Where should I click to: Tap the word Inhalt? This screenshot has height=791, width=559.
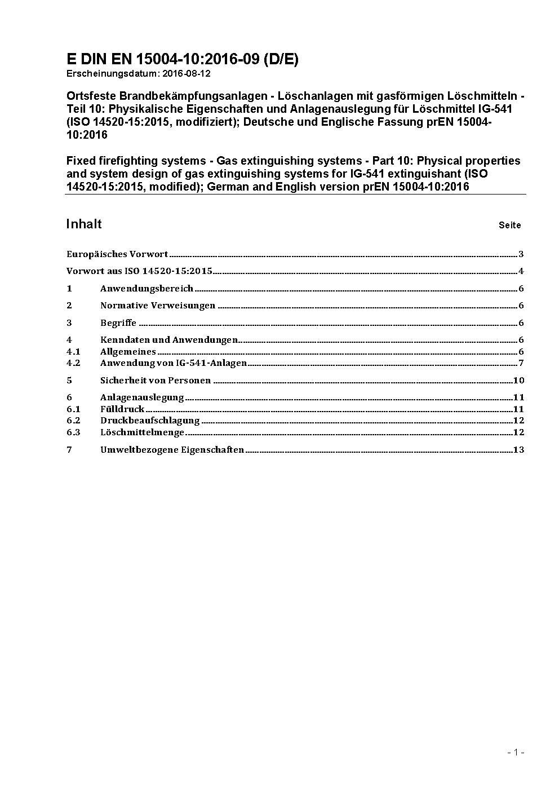click(84, 224)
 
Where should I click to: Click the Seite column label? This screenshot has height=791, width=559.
click(509, 226)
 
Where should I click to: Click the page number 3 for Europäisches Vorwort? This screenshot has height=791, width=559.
click(521, 254)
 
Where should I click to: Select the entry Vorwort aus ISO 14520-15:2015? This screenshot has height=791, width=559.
click(139, 271)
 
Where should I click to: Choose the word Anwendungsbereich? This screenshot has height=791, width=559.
click(147, 289)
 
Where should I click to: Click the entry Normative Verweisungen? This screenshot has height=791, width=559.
click(158, 306)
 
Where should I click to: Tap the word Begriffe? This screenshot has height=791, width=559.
click(118, 323)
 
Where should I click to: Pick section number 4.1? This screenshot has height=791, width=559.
click(73, 352)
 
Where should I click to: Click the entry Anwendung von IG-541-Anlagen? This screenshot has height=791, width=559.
click(174, 363)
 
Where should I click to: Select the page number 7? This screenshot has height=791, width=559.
click(521, 363)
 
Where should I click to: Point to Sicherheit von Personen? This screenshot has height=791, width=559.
click(156, 381)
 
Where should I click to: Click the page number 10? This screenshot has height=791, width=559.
click(519, 381)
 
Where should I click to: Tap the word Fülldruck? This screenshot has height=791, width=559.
click(122, 409)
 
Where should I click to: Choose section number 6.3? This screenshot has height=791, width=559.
click(73, 432)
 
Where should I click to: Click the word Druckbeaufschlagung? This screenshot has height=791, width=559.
click(150, 421)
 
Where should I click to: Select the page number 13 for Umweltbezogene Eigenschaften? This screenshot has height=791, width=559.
click(519, 450)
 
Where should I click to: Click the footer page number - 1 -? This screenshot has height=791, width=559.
click(516, 752)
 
